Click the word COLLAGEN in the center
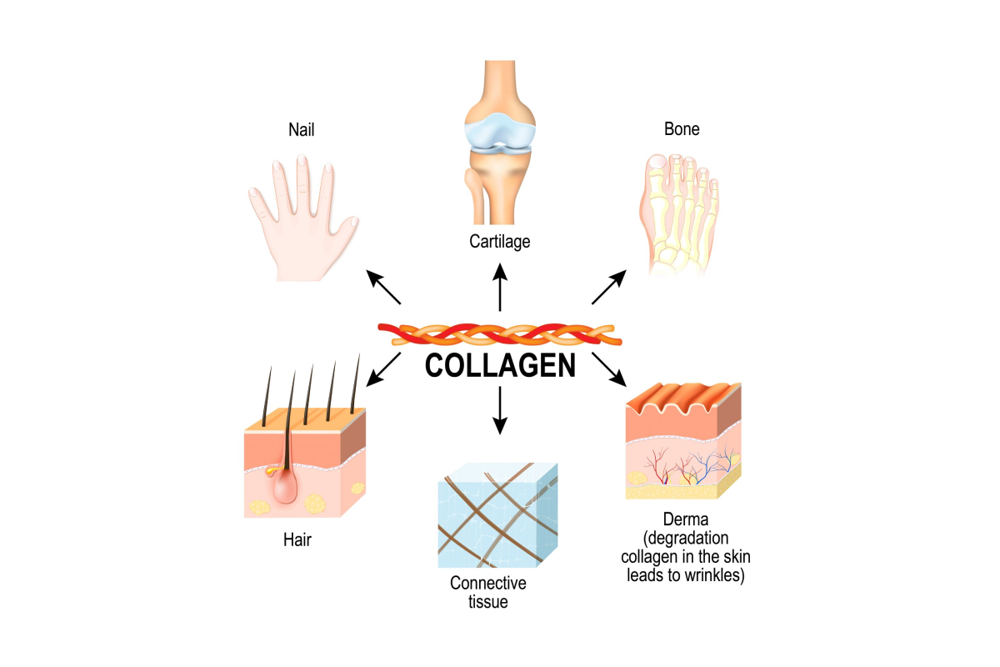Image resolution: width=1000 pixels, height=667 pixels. pyautogui.click(x=500, y=366)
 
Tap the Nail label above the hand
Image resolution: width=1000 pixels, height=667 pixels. pyautogui.click(x=302, y=129)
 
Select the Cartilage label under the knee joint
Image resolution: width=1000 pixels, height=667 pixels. pyautogui.click(x=499, y=242)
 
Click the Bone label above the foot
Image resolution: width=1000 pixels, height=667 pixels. pyautogui.click(x=682, y=129)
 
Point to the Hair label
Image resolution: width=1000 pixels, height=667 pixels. pyautogui.click(x=297, y=539)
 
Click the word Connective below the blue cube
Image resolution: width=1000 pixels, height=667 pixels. pyautogui.click(x=488, y=583)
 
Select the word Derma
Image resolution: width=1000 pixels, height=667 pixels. pyautogui.click(x=686, y=519)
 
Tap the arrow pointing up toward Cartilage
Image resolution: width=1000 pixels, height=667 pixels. pyautogui.click(x=500, y=288)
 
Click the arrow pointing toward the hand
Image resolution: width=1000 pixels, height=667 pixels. pyautogui.click(x=383, y=287)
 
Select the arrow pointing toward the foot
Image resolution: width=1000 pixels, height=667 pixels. pyautogui.click(x=609, y=287)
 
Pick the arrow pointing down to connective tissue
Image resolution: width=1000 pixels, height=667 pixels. pyautogui.click(x=500, y=410)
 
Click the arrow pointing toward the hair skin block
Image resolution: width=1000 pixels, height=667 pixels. pyautogui.click(x=383, y=369)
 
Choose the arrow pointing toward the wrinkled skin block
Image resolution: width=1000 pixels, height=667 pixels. pyautogui.click(x=609, y=369)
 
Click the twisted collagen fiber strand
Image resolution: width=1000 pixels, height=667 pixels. pyautogui.click(x=500, y=334)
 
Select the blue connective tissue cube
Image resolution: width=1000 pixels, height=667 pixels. pyautogui.click(x=497, y=515)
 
